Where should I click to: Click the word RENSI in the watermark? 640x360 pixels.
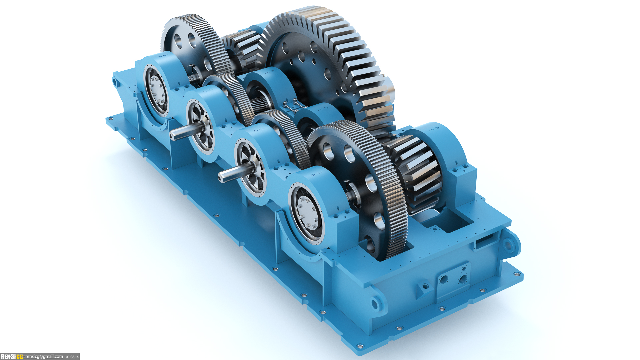click(x=8, y=357)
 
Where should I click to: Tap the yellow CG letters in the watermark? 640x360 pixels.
click(x=20, y=357)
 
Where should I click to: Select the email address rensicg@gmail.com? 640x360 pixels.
click(x=44, y=357)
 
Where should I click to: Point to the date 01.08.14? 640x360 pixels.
click(x=72, y=357)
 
